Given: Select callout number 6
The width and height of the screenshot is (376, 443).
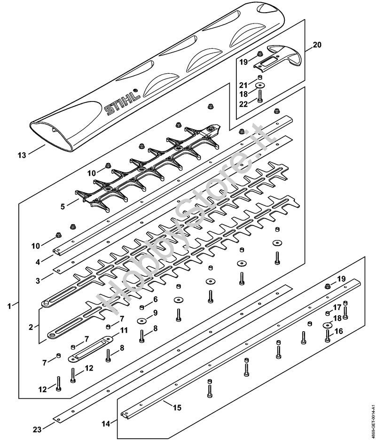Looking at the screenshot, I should (155, 299).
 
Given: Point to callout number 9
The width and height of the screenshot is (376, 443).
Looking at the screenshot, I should (155, 312).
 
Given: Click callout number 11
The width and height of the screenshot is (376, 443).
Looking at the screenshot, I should (124, 330).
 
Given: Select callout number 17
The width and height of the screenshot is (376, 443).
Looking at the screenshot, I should (337, 307).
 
